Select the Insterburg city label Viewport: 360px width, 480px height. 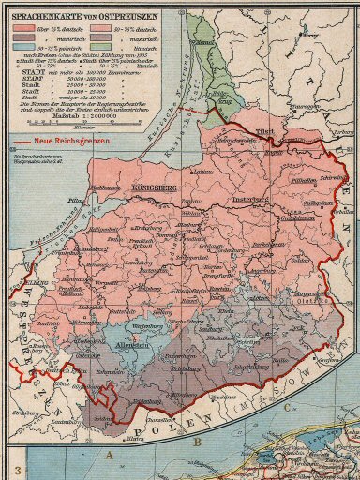251,200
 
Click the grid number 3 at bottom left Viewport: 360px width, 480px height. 16,468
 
